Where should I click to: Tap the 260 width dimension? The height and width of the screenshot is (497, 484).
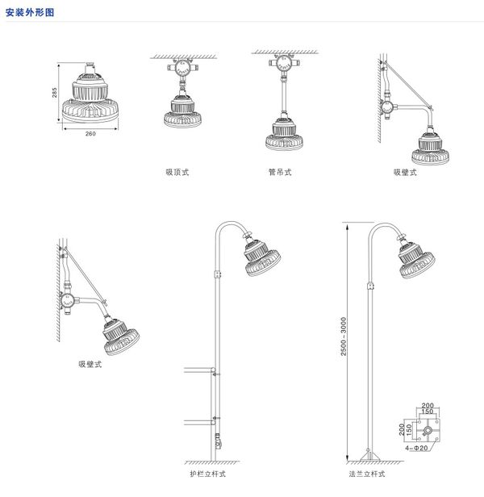click(90, 134)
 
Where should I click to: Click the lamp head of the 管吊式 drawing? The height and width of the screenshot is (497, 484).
click(280, 134)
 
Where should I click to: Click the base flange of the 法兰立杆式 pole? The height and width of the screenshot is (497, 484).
click(369, 459)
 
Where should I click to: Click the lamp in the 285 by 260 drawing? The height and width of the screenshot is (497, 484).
click(90, 97)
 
